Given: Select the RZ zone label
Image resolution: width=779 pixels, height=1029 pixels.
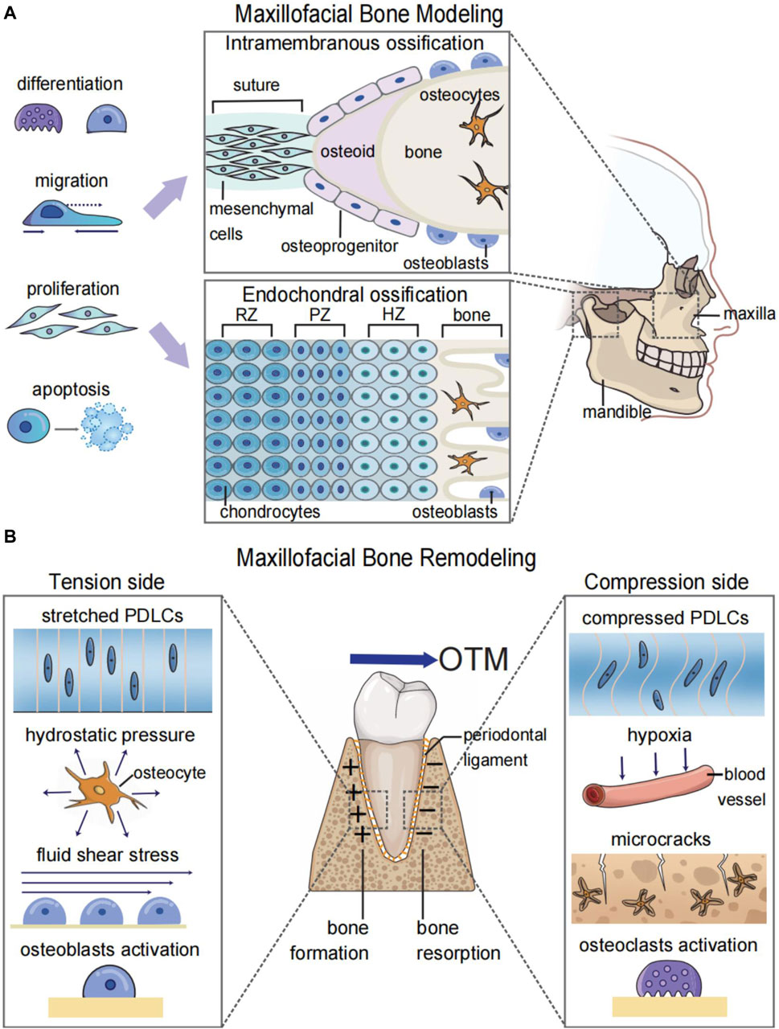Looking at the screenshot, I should point(247,315).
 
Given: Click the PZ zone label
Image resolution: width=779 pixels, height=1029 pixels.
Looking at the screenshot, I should point(319,315).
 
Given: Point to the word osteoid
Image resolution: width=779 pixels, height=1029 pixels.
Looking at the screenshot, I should point(347,151).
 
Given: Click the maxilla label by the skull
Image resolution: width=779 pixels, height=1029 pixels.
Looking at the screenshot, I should point(749,313).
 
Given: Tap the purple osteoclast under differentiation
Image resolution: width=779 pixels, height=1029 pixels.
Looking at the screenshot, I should point(39,119).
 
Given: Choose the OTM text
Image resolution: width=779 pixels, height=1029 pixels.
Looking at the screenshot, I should point(474,659).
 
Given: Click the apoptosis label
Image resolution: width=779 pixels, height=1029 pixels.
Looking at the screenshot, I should point(72,390).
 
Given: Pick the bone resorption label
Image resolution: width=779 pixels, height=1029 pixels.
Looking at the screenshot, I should point(458,941).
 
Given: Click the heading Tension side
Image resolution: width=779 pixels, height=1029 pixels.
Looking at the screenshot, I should point(107,581).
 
